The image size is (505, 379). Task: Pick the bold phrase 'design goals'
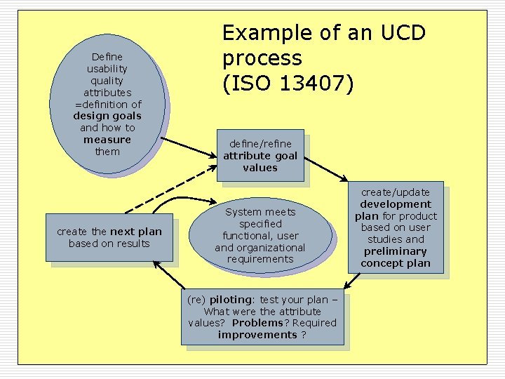107,116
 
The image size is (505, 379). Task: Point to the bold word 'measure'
107,140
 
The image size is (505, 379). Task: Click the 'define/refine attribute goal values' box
260,156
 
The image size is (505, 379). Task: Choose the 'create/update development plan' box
396,228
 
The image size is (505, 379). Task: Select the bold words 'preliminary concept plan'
396,257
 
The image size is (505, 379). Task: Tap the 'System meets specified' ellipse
260,235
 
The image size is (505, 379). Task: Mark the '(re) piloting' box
262,317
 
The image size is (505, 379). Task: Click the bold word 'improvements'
257,335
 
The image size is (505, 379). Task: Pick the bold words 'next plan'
136,232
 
